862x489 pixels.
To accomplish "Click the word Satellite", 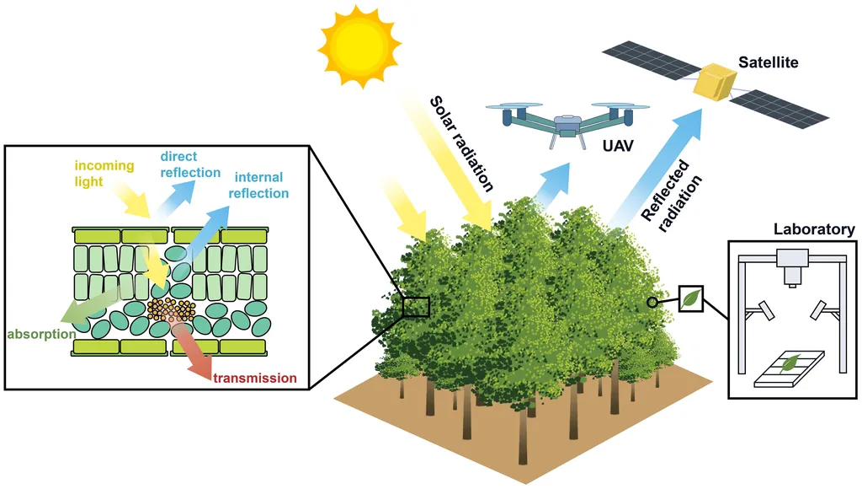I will pos(768,62).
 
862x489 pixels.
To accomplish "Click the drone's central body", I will pos(567,122).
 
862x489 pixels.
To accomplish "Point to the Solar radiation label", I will pos(461,142).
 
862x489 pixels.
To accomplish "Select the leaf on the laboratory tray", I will pos(790,363).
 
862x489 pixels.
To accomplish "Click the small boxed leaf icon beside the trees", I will pos(690,298).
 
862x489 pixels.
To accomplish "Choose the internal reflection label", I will pos(258,185).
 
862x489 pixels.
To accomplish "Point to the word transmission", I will pos(255,378).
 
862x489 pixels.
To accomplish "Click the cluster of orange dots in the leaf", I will pos(171,309).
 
